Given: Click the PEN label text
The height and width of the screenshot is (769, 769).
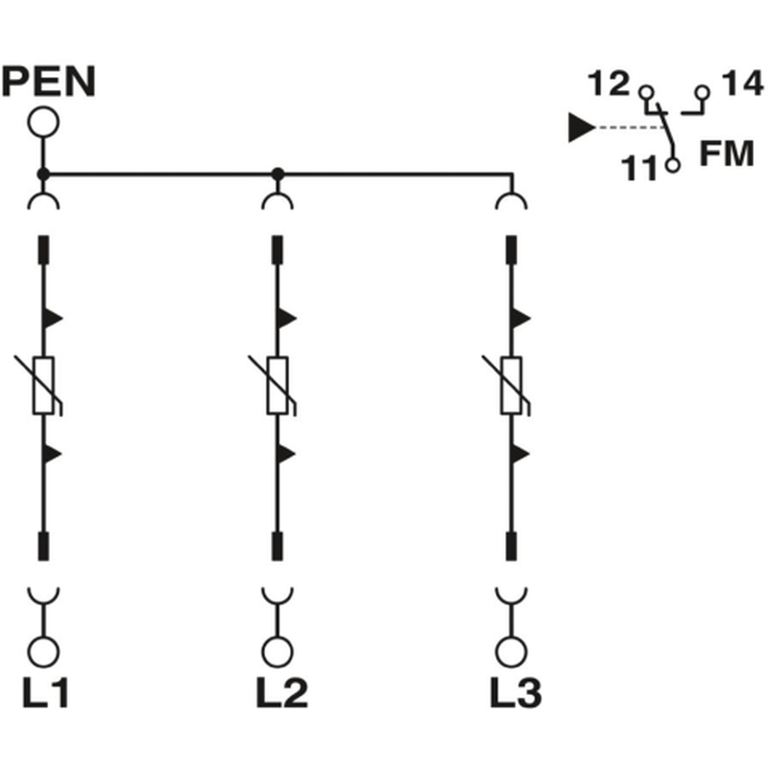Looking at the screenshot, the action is [x=49, y=82].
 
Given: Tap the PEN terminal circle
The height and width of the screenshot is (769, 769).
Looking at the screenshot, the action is [x=43, y=122].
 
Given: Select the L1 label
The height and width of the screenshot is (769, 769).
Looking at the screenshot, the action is [x=45, y=692].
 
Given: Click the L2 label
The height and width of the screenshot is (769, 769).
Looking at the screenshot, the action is [x=282, y=692].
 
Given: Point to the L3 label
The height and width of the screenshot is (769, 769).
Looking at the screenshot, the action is [x=516, y=692].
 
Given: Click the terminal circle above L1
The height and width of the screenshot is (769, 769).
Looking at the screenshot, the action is [x=43, y=653].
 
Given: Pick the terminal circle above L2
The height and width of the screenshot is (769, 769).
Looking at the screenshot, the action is [x=278, y=653].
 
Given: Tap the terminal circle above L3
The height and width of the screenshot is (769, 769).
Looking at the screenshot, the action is [x=511, y=653].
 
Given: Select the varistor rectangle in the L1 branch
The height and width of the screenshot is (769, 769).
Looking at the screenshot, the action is [x=43, y=385].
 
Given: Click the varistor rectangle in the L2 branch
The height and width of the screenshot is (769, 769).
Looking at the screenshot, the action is [x=278, y=385].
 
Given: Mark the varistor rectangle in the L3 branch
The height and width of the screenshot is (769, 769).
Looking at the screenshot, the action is [x=511, y=385].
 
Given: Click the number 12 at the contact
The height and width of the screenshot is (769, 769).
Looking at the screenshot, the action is [x=608, y=84].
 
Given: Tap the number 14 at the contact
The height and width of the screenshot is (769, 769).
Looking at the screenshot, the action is [x=742, y=84].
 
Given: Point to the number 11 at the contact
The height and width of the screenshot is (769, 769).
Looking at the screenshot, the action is [x=638, y=168].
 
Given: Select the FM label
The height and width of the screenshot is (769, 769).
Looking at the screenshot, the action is [x=727, y=154].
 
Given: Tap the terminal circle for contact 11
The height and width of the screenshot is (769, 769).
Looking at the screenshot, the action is [x=673, y=164].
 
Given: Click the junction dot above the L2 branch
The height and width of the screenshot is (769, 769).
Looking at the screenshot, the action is [x=278, y=174].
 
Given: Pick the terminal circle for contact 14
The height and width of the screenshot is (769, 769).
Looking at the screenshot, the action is [x=703, y=92].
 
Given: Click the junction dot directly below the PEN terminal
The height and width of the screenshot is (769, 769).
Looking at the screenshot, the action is [x=43, y=174].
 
